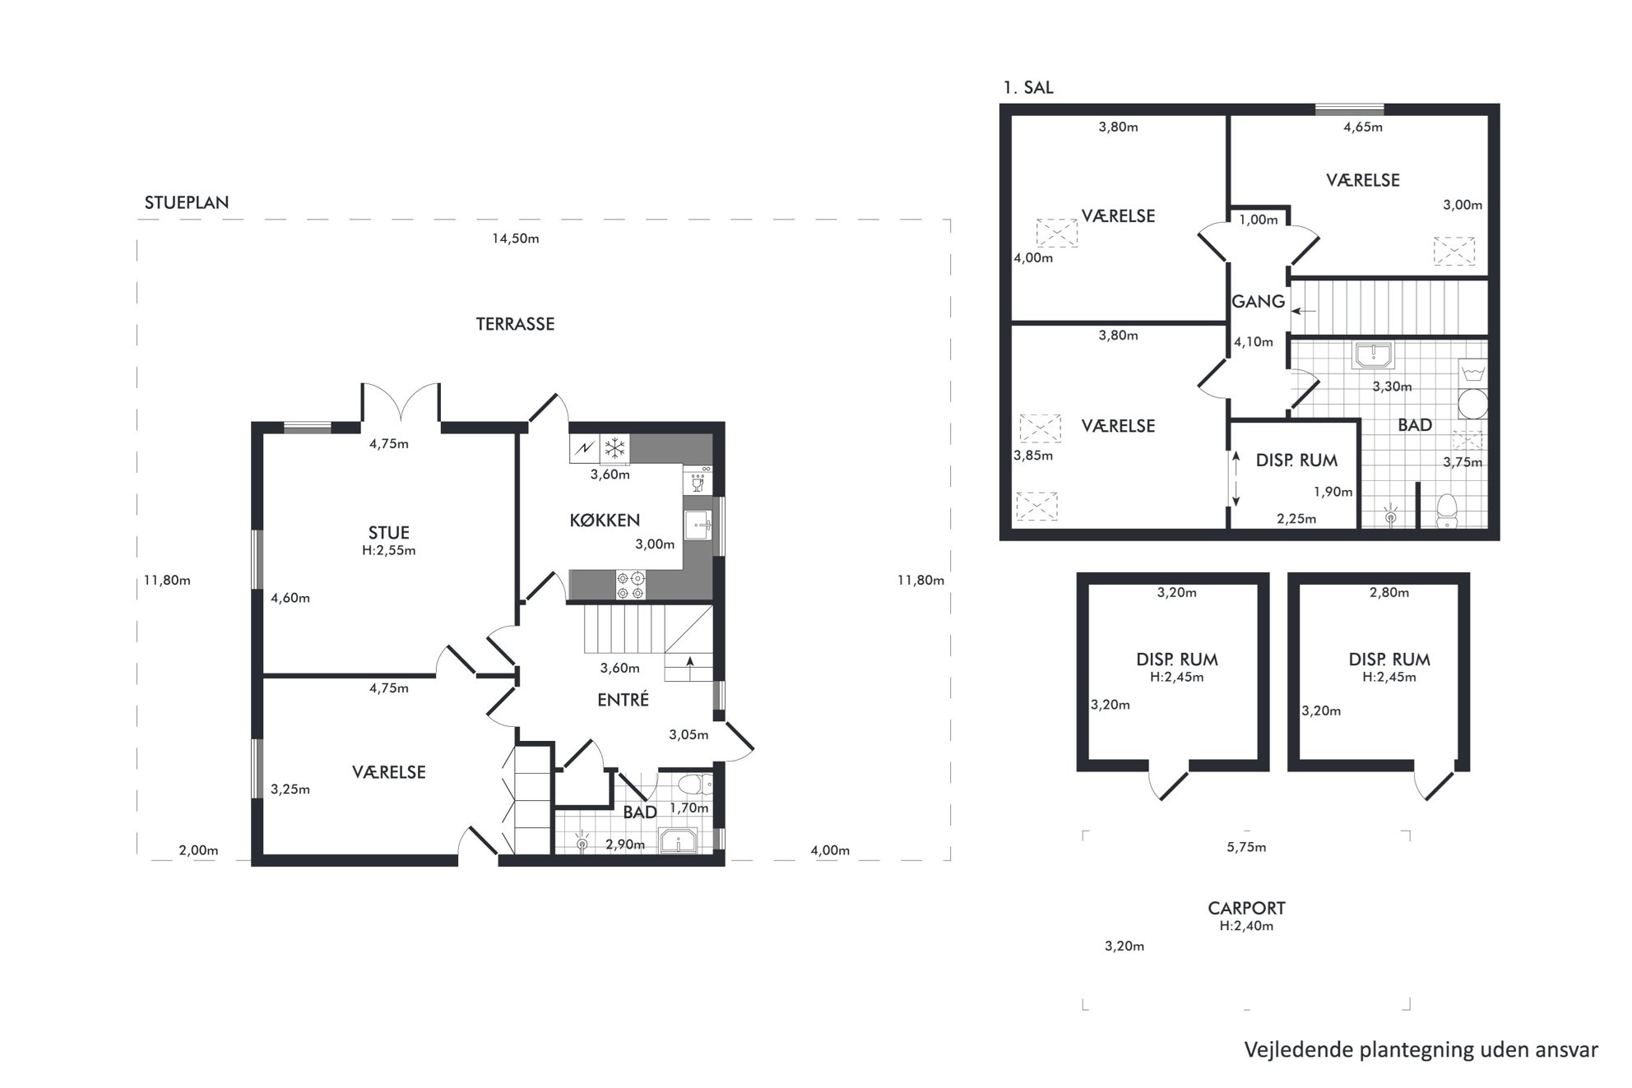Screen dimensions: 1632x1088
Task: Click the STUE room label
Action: [388, 532]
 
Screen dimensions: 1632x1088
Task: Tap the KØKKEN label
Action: [605, 520]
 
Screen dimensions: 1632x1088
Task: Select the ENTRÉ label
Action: [623, 699]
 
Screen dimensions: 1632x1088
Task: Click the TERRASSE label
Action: [515, 324]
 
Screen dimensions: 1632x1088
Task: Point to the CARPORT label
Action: [1246, 908]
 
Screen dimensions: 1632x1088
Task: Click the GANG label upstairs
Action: [1259, 302]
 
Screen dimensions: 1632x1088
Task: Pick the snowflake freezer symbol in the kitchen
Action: [614, 448]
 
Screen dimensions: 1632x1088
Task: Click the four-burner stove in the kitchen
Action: [631, 586]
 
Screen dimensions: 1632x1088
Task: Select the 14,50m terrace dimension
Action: [516, 238]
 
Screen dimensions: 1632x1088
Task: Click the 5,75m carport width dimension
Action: [1246, 847]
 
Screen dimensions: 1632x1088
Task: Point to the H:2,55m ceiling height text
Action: [388, 550]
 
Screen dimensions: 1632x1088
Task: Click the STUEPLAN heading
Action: [187, 202]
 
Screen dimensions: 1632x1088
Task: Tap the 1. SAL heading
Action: [1028, 87]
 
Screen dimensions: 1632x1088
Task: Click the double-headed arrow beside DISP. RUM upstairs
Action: [1236, 479]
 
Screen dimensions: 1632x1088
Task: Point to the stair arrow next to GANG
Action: [1304, 311]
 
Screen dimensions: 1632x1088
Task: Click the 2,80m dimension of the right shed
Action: [1389, 592]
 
